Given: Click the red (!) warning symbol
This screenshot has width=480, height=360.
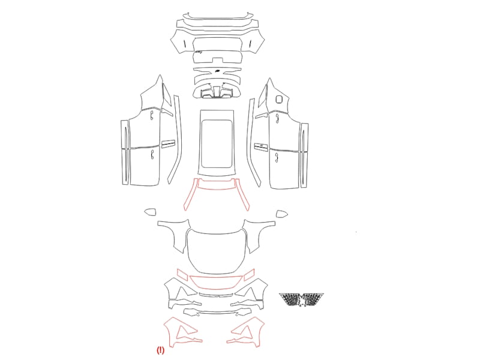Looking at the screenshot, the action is point(160,350).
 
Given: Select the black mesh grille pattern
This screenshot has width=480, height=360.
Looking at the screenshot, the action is point(302,299).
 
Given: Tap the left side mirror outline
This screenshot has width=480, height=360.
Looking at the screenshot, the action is point(150,212).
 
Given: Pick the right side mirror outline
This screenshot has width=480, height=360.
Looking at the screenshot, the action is point(281,214).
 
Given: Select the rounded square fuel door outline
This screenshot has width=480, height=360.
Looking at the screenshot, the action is point(279,99).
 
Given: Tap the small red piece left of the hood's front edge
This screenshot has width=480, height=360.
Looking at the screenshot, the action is point(183,274).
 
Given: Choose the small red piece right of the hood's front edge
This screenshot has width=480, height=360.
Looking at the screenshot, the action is point(249,275).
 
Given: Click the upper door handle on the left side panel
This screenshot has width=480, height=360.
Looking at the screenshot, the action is point(152,115).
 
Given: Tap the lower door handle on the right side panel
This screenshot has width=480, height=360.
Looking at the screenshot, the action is point(277,158).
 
